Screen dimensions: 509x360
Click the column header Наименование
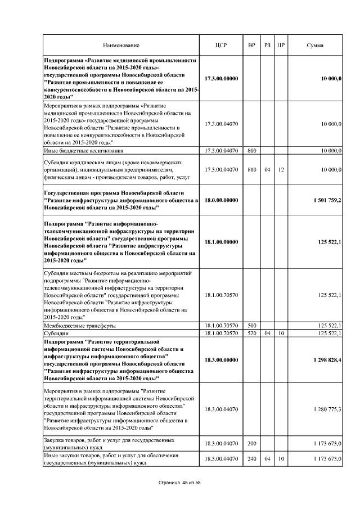121,45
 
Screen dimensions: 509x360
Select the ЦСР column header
221,45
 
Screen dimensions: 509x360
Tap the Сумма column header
314,45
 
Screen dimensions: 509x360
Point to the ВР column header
251,45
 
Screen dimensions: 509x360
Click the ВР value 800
251,151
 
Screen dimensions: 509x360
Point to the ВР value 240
251,459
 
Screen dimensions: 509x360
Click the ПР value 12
280,169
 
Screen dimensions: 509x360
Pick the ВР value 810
251,169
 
